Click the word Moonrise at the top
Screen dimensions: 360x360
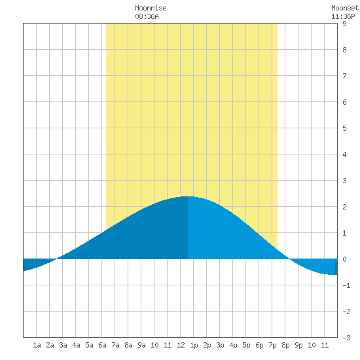coord(151,8)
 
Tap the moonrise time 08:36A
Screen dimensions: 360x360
coord(147,16)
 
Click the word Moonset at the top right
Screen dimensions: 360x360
coord(345,8)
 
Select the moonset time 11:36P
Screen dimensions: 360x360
coord(343,16)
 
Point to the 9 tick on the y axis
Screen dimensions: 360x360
coord(344,24)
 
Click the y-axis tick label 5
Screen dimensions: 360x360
coord(344,128)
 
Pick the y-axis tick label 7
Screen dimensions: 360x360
coord(344,76)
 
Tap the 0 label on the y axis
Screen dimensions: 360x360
coord(344,259)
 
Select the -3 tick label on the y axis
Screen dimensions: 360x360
coord(346,338)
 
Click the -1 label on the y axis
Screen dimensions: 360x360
coord(346,285)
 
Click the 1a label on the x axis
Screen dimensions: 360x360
coord(37,345)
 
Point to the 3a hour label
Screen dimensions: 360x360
coord(63,345)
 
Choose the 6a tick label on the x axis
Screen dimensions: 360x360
coord(102,345)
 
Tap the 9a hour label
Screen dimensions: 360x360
coord(141,345)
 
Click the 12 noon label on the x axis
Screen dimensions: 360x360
coord(181,345)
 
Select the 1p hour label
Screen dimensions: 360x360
coord(194,345)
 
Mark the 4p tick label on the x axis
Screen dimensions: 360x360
coord(233,345)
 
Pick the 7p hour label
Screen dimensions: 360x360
coord(272,345)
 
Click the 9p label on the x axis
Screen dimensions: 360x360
coord(298,345)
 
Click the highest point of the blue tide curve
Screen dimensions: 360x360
coord(188,196)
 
